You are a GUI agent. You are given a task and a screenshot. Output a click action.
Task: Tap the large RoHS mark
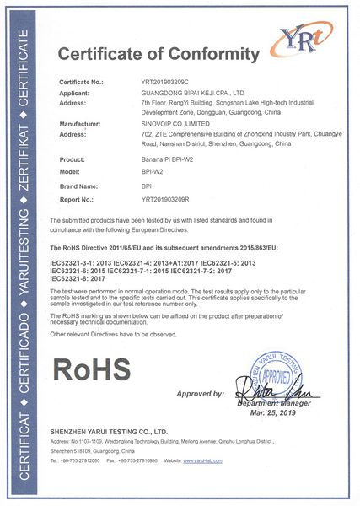click(x=93, y=369)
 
